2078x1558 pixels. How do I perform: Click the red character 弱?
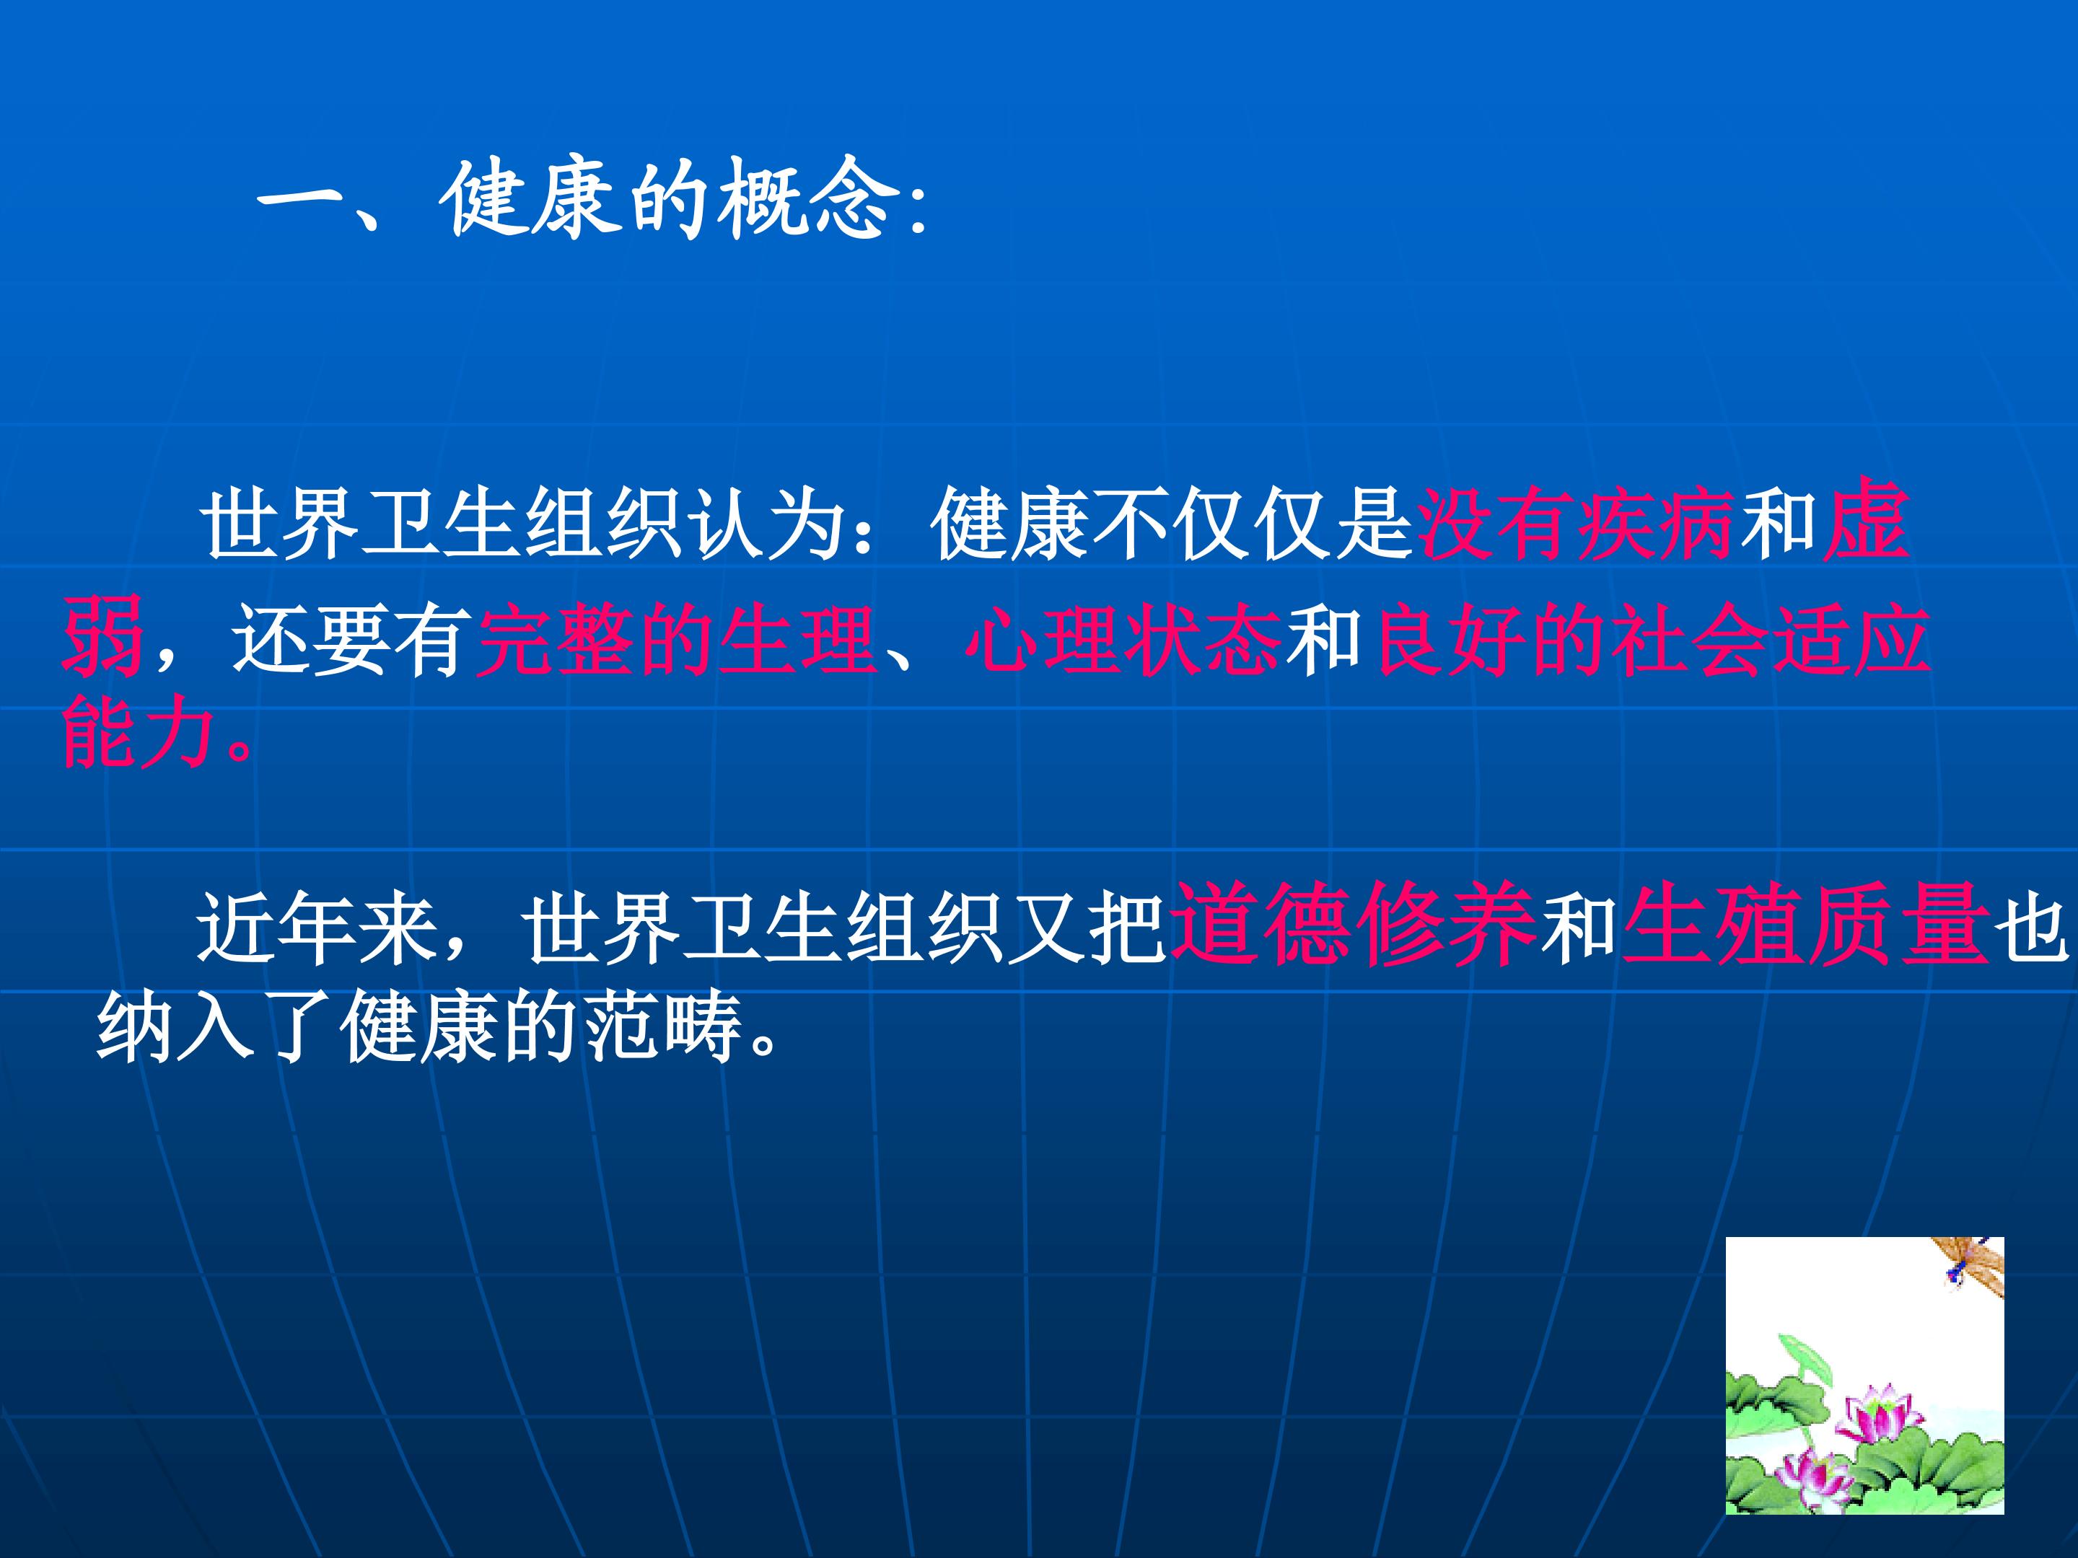102,634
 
